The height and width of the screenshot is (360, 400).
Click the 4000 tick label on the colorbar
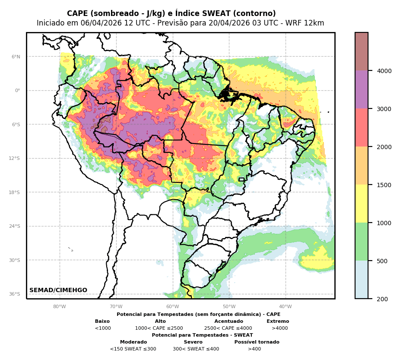point(384,71)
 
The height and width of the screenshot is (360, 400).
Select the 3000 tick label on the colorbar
point(384,109)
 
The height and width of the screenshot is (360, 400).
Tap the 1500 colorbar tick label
point(384,185)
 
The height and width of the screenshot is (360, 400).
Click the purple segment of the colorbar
point(362,89)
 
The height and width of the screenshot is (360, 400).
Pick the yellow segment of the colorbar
point(362,204)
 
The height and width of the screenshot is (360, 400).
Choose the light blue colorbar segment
point(362,280)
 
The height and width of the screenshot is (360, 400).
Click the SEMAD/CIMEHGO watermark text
point(58,290)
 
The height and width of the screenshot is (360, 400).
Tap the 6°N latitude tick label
point(16,57)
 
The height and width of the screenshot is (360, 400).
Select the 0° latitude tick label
point(18,91)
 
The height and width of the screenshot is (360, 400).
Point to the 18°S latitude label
point(15,192)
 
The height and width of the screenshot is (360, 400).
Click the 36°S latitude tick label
point(15,294)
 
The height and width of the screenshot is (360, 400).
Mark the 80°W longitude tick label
point(60,307)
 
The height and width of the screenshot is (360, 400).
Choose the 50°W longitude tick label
point(229,307)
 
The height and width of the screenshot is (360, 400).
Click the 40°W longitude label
point(286,307)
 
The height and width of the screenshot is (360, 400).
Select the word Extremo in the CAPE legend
point(278,322)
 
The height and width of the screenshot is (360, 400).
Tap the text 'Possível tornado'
point(257,342)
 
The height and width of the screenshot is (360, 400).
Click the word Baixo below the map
point(102,322)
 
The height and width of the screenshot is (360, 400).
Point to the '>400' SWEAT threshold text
point(254,349)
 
